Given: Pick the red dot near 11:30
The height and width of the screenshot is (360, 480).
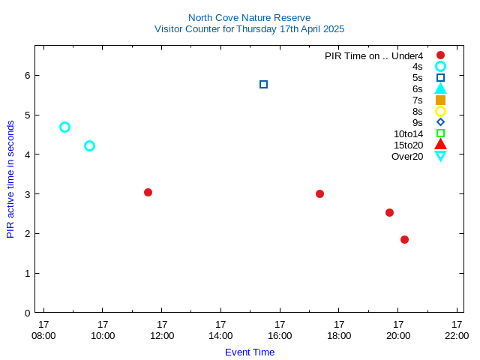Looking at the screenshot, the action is tap(148, 192).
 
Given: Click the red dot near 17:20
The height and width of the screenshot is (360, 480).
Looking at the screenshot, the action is tap(320, 193).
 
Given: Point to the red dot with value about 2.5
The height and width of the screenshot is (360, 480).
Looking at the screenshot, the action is tap(390, 212).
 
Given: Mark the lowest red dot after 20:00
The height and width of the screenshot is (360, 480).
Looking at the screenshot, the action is tap(405, 239).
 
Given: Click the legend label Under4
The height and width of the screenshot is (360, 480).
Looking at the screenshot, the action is tap(407, 56).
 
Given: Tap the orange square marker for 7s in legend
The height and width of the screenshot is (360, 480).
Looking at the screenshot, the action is tap(441, 100).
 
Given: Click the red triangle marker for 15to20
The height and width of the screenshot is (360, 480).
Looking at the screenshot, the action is tap(441, 144).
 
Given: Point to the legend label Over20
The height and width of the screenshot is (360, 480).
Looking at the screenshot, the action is tap(407, 157).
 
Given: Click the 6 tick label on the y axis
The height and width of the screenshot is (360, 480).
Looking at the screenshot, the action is tap(28, 75).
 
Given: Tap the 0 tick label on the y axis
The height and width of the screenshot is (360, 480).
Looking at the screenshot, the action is tap(28, 313).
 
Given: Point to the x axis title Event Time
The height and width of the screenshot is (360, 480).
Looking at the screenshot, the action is tap(250, 352).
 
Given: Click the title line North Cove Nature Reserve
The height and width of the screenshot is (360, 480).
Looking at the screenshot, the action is tap(250, 18).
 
